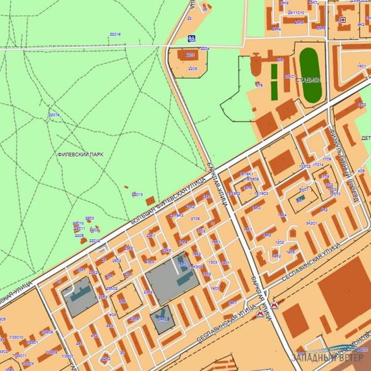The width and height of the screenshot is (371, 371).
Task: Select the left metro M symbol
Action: (x=262, y=312)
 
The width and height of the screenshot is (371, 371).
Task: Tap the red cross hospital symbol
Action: (x=343, y=20)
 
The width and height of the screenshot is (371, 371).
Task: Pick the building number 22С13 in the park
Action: (x=137, y=194)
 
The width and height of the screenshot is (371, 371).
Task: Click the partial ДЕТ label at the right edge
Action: (x=366, y=138)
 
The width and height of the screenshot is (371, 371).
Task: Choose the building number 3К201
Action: (x=311, y=223)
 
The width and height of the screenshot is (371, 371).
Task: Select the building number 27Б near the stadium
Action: (x=258, y=84)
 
